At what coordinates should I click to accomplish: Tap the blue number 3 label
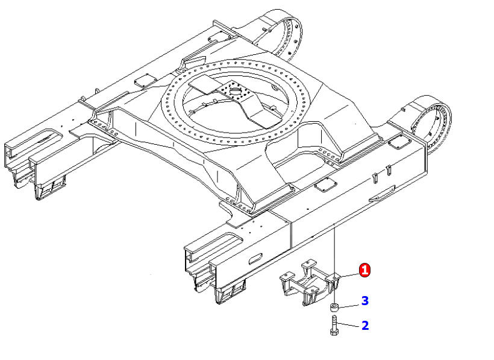click(364, 300)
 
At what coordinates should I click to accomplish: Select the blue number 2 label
click(364, 326)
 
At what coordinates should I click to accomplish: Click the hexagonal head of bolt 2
click(334, 332)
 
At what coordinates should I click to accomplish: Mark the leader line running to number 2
click(349, 326)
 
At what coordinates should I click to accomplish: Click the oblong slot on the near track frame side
click(254, 257)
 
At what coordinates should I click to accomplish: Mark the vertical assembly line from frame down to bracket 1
click(334, 247)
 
